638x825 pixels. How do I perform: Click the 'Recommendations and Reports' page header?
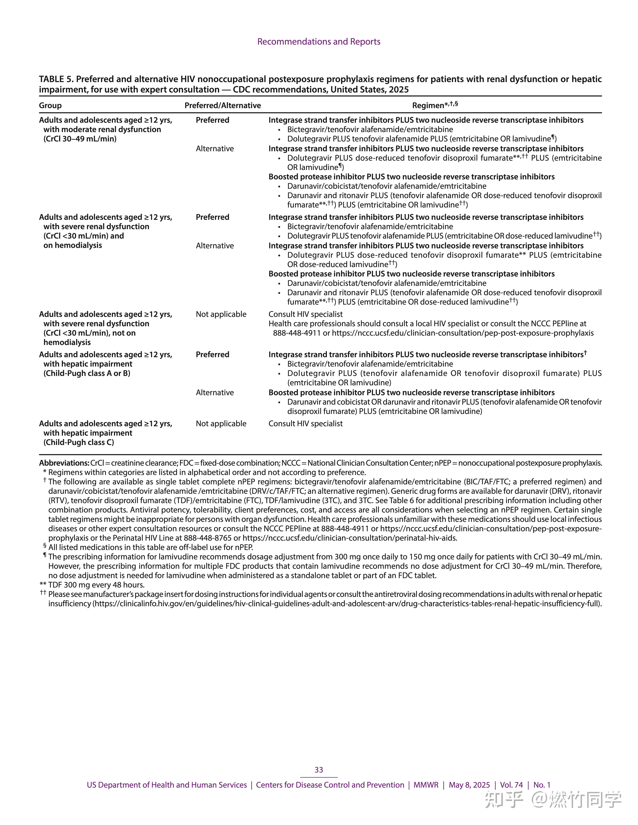[x=319, y=42]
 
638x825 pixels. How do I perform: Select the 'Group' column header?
[x=50, y=105]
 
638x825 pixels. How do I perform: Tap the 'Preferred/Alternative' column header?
[x=223, y=105]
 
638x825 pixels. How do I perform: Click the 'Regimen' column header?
[x=428, y=105]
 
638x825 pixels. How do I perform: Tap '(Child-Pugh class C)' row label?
[x=79, y=442]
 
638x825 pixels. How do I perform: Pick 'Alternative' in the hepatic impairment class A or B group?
[x=215, y=392]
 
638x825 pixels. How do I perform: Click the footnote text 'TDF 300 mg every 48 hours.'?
[x=96, y=585]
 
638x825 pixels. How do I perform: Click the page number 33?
[x=319, y=770]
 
